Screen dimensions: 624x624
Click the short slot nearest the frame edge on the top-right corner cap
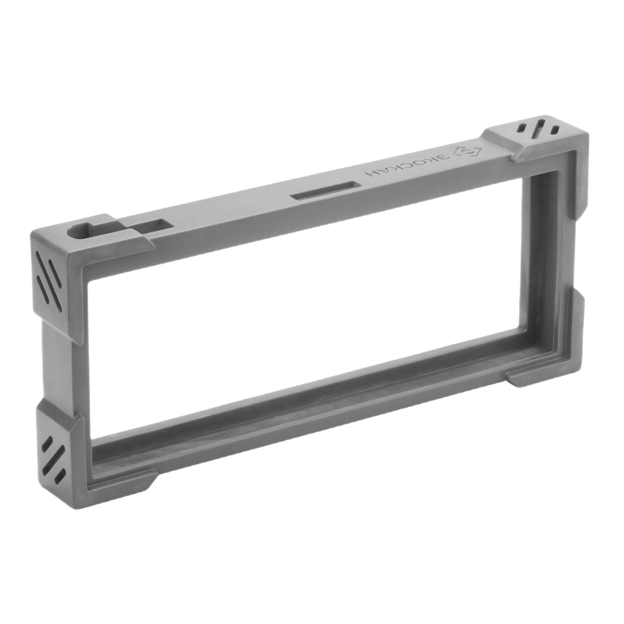point(555,130)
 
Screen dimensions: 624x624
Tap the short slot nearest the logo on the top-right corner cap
point(522,127)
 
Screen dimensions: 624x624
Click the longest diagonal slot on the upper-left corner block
point(49,270)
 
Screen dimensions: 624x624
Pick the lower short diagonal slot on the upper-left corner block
point(43,289)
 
